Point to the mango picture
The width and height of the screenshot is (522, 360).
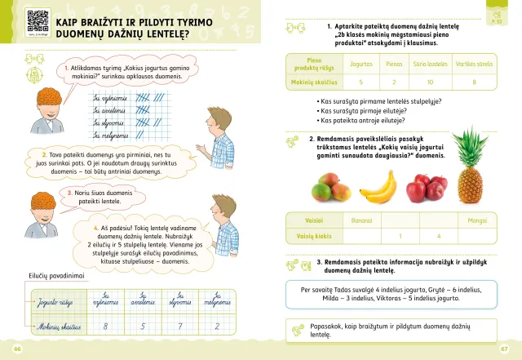point(329,188)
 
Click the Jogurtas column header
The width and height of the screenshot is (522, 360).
point(361,62)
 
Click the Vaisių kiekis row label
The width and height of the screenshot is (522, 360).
point(308,237)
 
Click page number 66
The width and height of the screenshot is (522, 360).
point(16,349)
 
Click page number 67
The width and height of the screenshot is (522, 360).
point(504,349)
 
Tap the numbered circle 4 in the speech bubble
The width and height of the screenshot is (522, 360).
point(96,228)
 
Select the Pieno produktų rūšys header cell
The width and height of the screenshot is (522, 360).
point(307,62)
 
